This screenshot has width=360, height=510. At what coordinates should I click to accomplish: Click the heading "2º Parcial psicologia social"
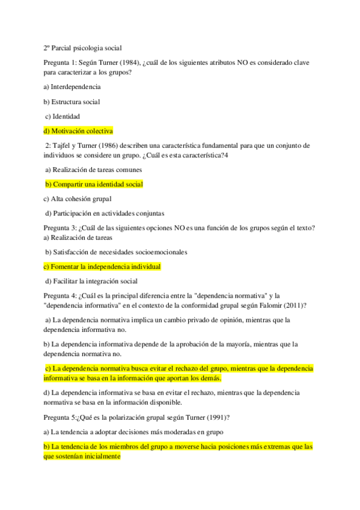point(82,48)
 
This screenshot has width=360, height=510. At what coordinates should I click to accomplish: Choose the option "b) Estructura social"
point(72,102)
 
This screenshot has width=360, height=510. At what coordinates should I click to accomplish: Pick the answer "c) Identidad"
point(63,116)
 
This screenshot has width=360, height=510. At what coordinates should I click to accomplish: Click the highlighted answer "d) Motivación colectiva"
point(78,131)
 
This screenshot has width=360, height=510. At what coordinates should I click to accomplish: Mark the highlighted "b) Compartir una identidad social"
point(94,184)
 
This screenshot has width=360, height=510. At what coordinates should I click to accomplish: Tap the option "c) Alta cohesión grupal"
point(78,198)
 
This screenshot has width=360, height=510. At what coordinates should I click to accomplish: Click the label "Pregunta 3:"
point(61,227)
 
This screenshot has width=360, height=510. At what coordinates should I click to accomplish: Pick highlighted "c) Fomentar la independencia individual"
point(102,266)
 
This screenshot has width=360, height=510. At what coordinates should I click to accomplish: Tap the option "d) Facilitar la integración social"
point(91,281)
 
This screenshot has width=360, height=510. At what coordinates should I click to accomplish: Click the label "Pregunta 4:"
point(61,296)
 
